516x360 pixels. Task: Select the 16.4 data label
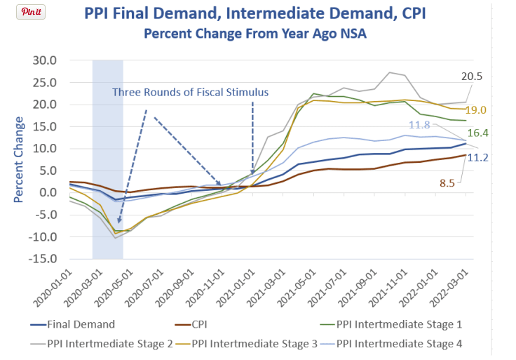click(x=474, y=132)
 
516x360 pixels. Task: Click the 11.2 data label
click(x=477, y=157)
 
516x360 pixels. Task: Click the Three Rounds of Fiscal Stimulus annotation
click(x=191, y=92)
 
